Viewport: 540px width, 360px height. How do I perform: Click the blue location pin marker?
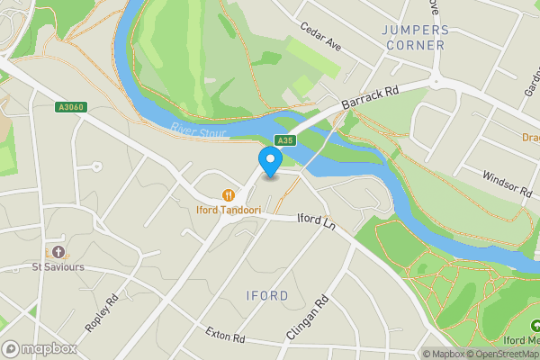[x=270, y=161]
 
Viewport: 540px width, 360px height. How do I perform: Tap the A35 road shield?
[x=284, y=139]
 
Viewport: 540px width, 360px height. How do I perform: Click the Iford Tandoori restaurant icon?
[x=229, y=194]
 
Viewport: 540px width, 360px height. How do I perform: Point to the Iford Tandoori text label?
[x=229, y=211]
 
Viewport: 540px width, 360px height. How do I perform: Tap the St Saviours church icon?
[x=58, y=251]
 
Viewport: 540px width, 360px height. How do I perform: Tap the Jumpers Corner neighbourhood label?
[x=414, y=37]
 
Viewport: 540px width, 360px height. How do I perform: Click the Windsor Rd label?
[x=507, y=184]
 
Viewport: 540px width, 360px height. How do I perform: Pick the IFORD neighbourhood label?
[x=267, y=296]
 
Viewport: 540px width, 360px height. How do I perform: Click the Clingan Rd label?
[x=307, y=314]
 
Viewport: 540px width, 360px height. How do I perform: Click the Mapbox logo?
[x=39, y=348]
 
